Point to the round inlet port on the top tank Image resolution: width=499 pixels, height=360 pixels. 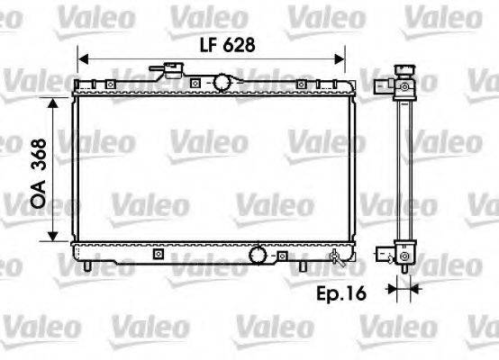point(221,83)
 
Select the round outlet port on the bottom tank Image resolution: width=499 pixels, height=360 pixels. point(259,256)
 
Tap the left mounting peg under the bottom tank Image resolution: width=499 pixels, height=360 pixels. point(87,267)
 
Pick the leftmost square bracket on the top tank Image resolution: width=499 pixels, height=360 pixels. point(109,85)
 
